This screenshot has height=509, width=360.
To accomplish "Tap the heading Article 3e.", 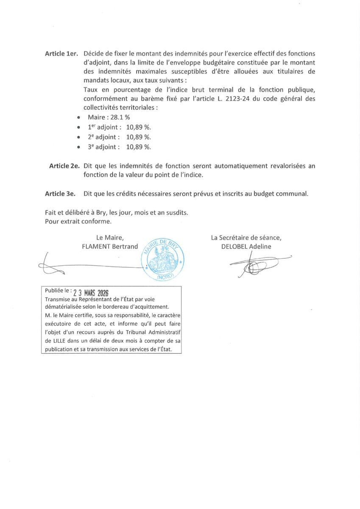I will coord(60,194).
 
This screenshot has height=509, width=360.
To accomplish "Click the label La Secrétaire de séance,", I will coord(246,238).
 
